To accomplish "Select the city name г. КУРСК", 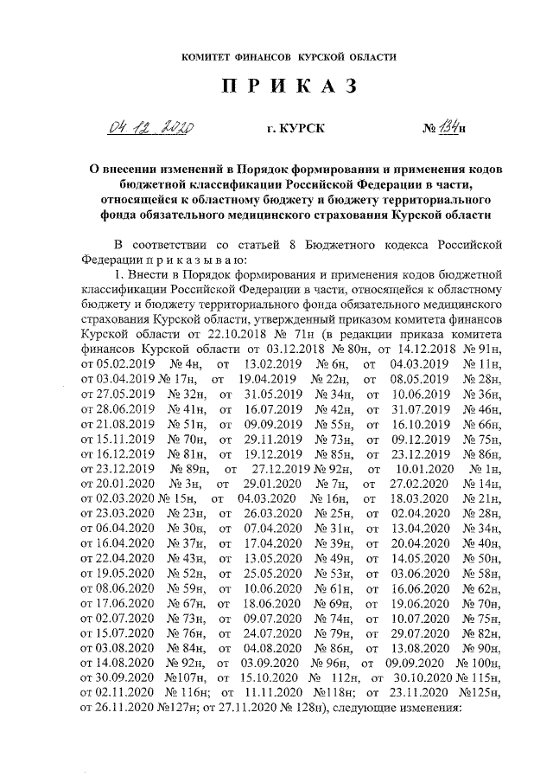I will click(x=296, y=130).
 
